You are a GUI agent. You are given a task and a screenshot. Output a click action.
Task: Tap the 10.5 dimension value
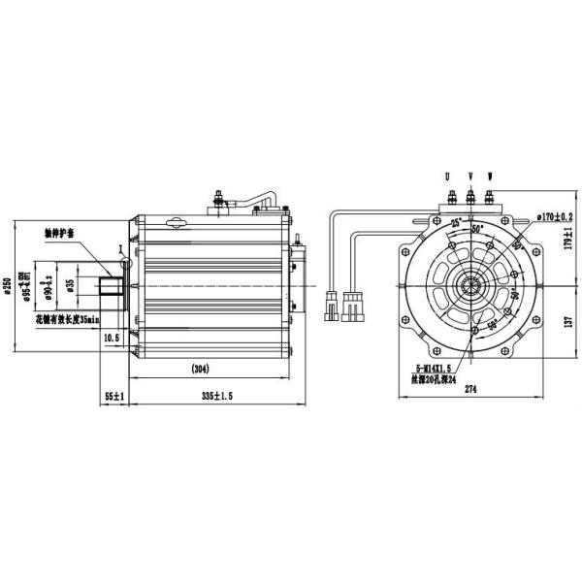click(111, 338)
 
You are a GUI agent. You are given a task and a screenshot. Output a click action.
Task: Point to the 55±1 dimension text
click(113, 397)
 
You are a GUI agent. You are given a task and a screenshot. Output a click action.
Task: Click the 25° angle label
click(455, 225)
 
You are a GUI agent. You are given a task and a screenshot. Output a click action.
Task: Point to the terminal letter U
click(447, 178)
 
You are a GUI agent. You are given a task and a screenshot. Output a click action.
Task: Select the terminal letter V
click(469, 178)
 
